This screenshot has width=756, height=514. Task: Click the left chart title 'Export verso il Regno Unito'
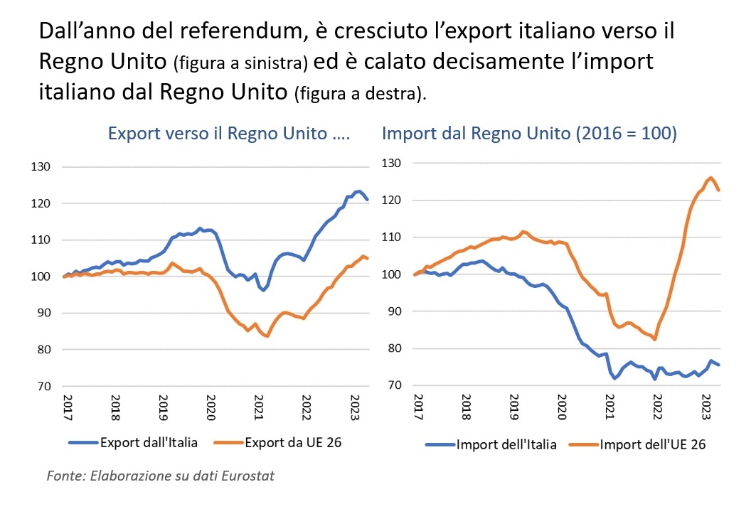(228, 133)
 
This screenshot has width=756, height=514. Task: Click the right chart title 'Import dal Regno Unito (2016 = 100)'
(529, 133)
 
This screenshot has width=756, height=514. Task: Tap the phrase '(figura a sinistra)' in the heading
(240, 64)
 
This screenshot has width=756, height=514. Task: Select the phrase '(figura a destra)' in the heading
(360, 95)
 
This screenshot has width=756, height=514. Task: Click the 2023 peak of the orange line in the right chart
(710, 178)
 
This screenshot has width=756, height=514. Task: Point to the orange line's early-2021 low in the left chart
(267, 336)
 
